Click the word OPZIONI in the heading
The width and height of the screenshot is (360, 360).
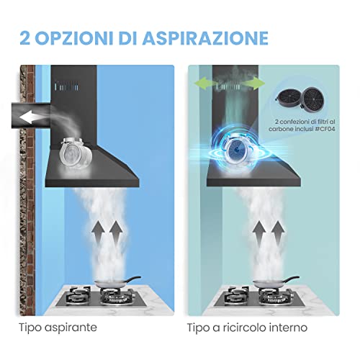click(x=75, y=38)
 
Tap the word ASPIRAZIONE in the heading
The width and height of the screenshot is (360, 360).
click(x=205, y=38)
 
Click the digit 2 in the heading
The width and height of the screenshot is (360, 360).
click(x=25, y=38)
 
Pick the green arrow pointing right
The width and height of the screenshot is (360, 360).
click(x=253, y=84)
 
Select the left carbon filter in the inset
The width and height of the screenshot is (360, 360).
click(x=288, y=99)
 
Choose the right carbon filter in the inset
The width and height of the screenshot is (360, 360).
click(x=313, y=99)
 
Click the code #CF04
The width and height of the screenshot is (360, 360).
click(x=325, y=129)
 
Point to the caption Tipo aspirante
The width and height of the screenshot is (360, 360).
click(x=58, y=327)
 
